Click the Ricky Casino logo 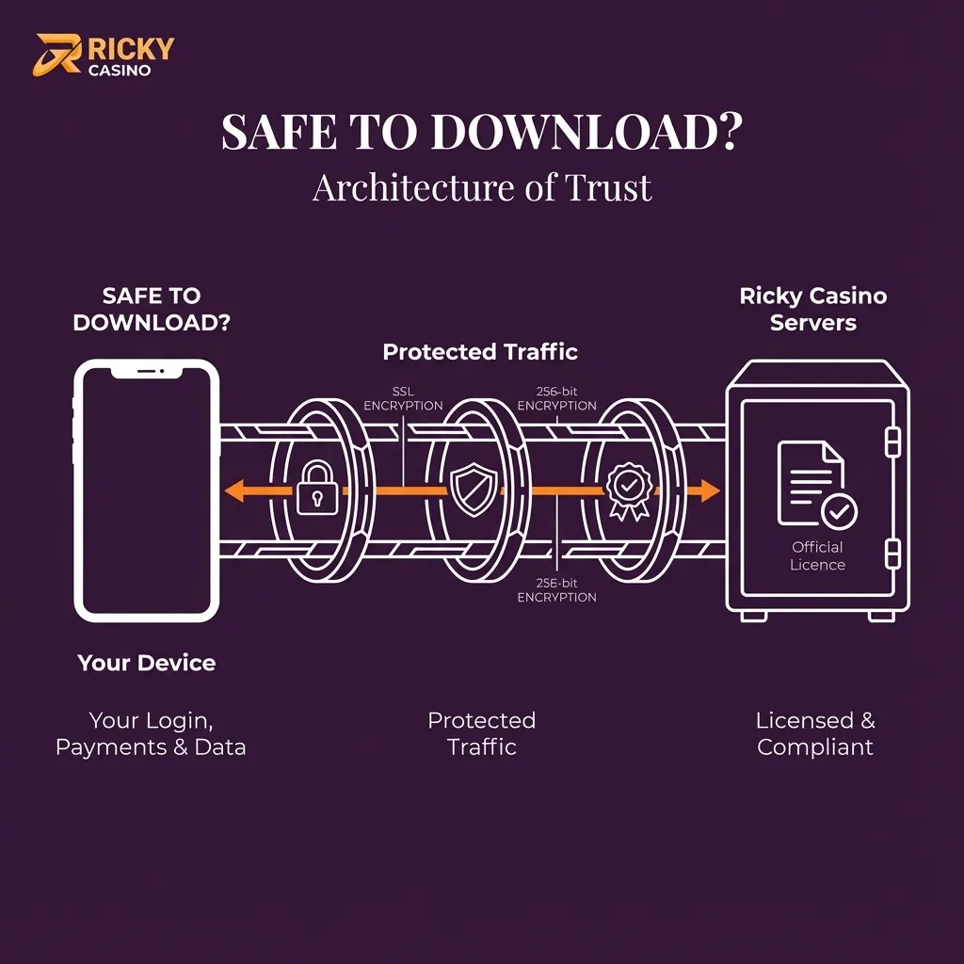pyautogui.click(x=104, y=56)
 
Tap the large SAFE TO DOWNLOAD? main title pyautogui.click(x=481, y=134)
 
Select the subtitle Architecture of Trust pyautogui.click(x=481, y=187)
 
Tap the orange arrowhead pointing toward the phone pyautogui.click(x=235, y=490)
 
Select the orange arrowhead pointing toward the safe pyautogui.click(x=708, y=490)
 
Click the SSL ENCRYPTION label pyautogui.click(x=403, y=398)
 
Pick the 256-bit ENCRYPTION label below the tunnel pyautogui.click(x=556, y=590)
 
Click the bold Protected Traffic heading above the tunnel pyautogui.click(x=480, y=352)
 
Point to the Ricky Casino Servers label pyautogui.click(x=813, y=310)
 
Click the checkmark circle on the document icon pyautogui.click(x=838, y=512)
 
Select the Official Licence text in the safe pyautogui.click(x=817, y=555)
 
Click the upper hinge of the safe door pyautogui.click(x=892, y=441)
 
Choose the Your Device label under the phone pyautogui.click(x=147, y=663)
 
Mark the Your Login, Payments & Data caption pyautogui.click(x=151, y=734)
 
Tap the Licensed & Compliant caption pyautogui.click(x=815, y=734)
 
